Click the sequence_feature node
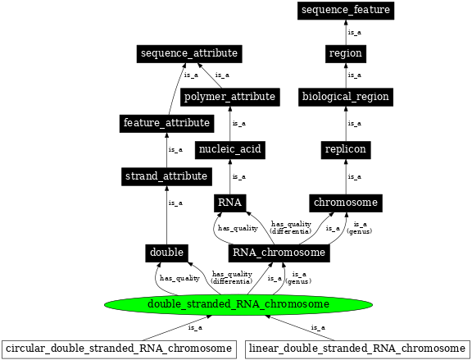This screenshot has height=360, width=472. coord(345,10)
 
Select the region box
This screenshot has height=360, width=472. coord(345,53)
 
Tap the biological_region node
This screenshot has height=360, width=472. coord(345,97)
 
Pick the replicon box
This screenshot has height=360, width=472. coord(345,149)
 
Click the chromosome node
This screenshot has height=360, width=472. coord(345,202)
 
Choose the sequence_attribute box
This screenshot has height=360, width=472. coord(188,53)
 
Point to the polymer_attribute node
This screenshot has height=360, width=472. coord(229,97)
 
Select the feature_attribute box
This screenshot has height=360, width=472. coord(166,123)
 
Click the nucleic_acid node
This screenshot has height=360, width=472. coord(229,149)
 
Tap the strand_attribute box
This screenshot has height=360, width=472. coord(166,175)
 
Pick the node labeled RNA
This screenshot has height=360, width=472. coord(229,202)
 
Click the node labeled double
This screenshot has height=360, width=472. coord(166,252)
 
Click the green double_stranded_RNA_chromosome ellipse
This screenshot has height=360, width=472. coord(238,304)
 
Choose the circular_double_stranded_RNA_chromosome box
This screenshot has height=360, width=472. coord(119,349)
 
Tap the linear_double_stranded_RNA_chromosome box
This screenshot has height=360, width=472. coord(357,349)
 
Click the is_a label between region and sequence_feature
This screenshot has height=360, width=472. coord(355,33)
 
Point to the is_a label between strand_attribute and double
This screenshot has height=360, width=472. coord(175,203)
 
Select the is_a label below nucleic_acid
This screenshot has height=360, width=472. coord(238,176)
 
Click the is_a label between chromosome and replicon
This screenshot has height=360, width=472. coord(355,176)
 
